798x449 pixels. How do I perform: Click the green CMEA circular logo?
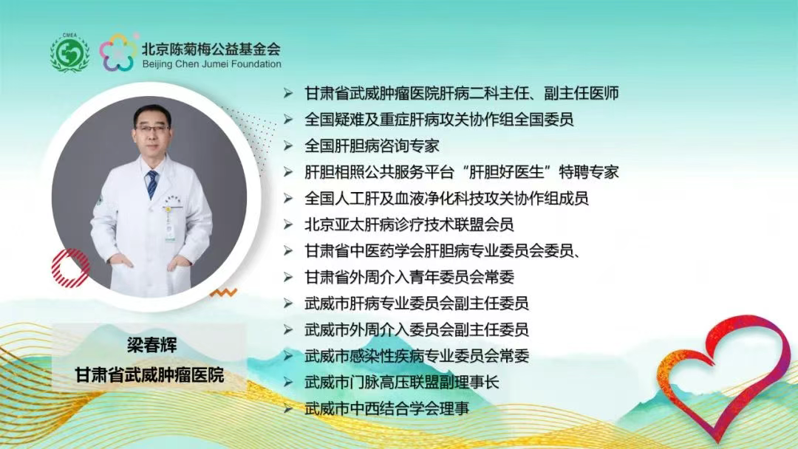coord(69,52)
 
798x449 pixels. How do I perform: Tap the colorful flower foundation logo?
coord(118,52)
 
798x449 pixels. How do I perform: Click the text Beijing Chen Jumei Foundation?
coord(211,64)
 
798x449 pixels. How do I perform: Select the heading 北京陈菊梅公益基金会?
coord(211,48)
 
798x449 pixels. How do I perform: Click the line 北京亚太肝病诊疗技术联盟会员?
coord(409,224)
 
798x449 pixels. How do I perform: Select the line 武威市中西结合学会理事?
coord(386,408)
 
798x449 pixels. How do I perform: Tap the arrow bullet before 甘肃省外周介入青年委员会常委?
coord(289,278)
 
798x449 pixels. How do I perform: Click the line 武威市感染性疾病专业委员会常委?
coord(417,355)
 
